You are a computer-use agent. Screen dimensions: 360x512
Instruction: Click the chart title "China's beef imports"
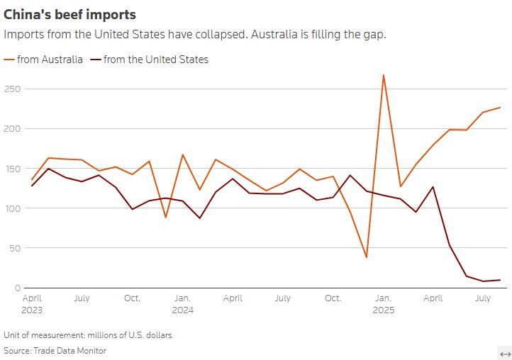70,14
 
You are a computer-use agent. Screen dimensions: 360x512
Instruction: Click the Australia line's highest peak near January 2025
384,74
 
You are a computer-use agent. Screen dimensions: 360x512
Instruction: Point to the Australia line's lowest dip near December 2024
367,257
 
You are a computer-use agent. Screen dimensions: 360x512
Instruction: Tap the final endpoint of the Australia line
500,108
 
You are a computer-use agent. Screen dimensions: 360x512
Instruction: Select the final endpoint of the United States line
500,280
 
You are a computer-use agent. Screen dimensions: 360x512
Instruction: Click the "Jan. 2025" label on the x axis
384,304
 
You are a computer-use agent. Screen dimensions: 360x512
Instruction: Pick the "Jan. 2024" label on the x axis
183,304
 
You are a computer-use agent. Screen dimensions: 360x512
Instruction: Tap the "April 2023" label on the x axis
33,304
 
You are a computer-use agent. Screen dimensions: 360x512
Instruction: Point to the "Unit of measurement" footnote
87,334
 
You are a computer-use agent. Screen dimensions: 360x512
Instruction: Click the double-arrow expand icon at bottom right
505,354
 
